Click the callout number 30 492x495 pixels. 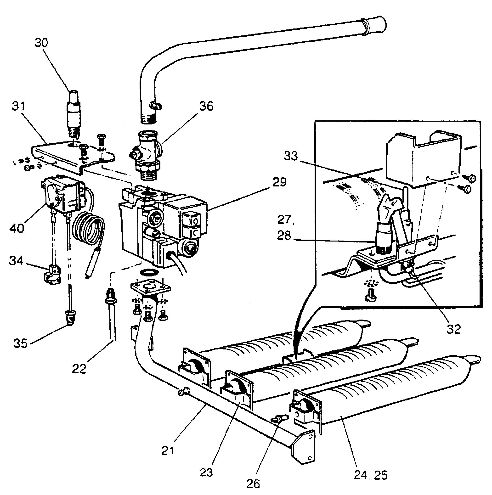[41, 43]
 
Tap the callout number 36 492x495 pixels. [206, 106]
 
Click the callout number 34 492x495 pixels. [16, 261]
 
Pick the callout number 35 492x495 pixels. [21, 343]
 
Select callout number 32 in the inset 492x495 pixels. [453, 329]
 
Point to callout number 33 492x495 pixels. [291, 156]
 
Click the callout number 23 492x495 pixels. [206, 473]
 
